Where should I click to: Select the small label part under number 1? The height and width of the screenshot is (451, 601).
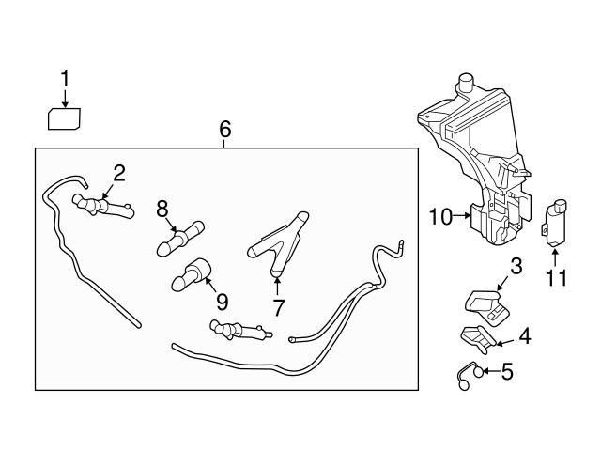[64, 118]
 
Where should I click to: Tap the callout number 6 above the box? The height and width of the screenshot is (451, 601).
[225, 131]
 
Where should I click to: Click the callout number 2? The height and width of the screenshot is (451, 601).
[119, 171]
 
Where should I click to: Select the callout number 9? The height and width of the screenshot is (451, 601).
[222, 303]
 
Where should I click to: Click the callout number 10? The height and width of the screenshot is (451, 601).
[441, 218]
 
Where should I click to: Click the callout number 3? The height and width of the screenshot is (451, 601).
[516, 266]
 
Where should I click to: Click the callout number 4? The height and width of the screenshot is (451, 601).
[523, 334]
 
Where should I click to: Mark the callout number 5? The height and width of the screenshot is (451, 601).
[507, 372]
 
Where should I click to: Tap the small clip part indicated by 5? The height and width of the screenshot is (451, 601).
[466, 373]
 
